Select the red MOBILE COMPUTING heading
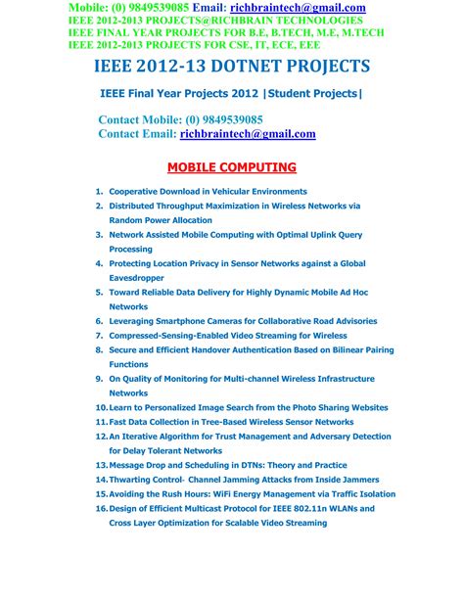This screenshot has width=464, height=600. point(231,167)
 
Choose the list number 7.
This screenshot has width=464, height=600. point(99,335)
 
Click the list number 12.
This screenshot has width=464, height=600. point(101,436)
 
